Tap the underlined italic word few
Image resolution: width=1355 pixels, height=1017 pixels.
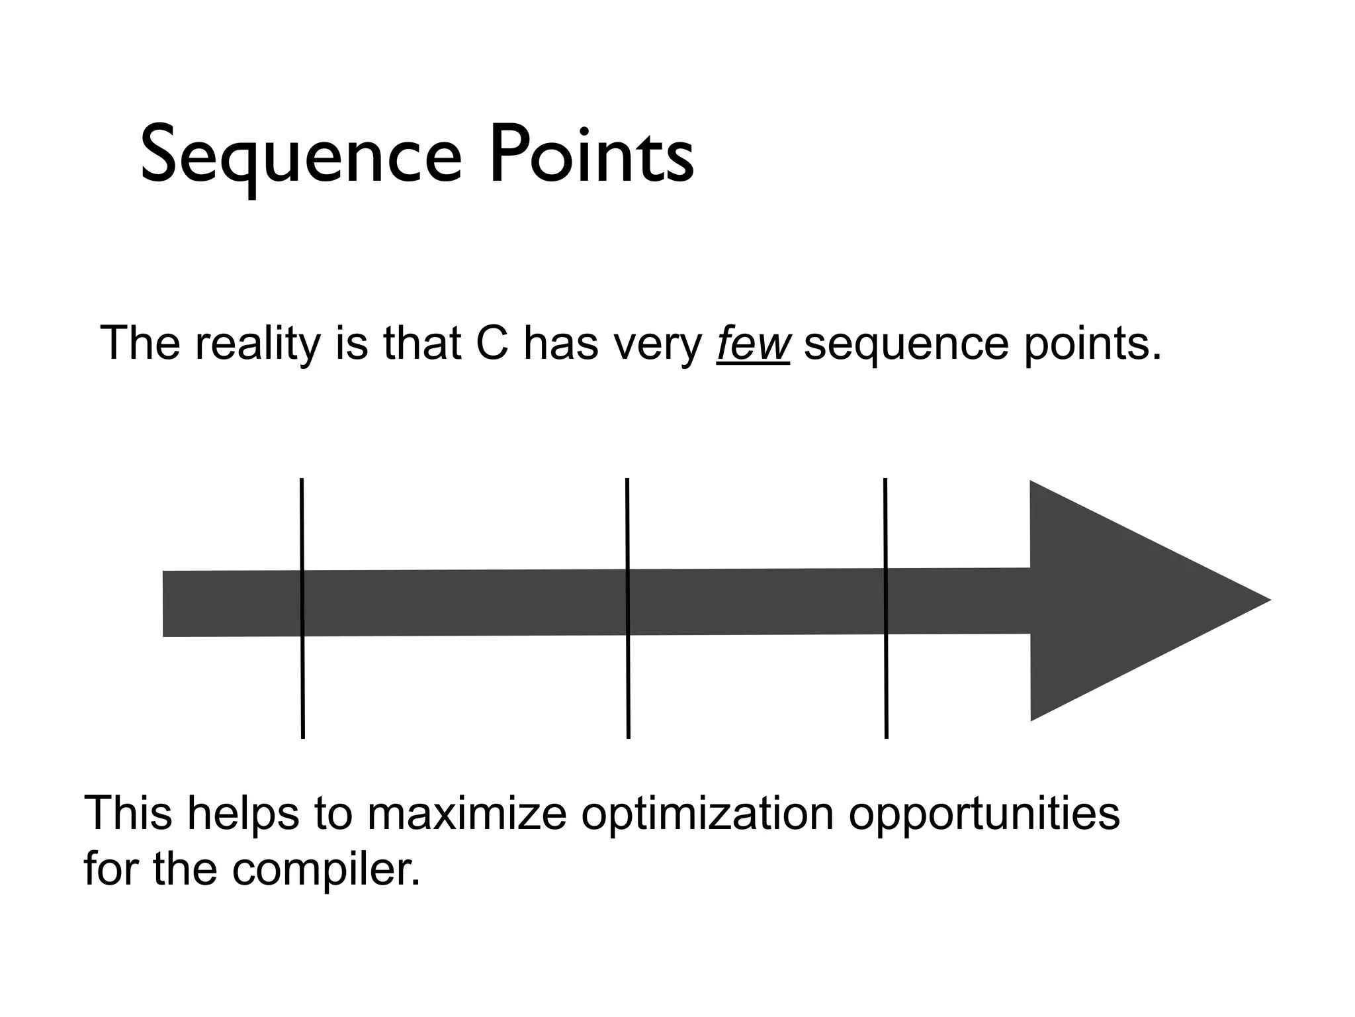(753, 344)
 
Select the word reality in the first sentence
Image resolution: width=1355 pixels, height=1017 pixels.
(257, 344)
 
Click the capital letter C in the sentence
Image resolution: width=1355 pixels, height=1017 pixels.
(492, 344)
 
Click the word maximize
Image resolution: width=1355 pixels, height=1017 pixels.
(467, 814)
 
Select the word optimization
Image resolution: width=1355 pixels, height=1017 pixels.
(707, 814)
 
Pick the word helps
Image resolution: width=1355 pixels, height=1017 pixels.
(243, 814)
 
